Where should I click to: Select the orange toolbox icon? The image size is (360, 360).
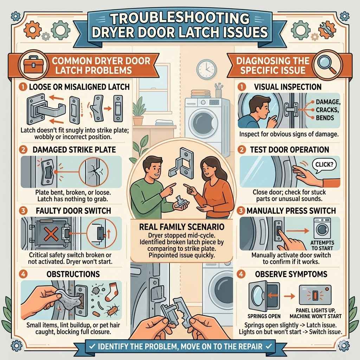pyautogui.click(x=33, y=65)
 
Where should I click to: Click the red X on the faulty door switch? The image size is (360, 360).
pyautogui.click(x=45, y=232)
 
